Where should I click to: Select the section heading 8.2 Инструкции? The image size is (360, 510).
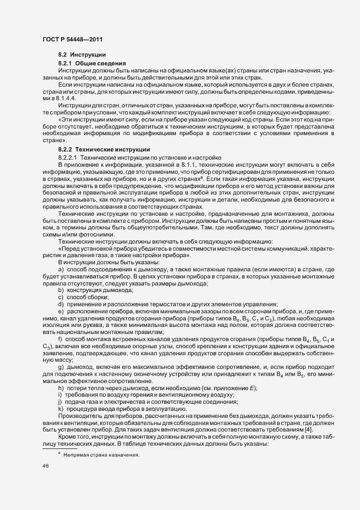click(78, 56)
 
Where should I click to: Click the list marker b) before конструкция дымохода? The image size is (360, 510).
click(61, 290)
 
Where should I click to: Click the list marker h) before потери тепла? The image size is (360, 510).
click(61, 387)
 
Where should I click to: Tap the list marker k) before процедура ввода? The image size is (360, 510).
click(61, 409)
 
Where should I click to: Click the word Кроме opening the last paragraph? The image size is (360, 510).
click(68, 438)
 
